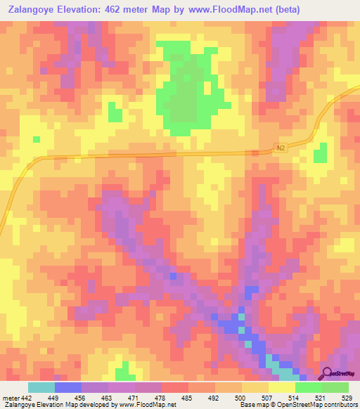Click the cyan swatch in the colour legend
click(x=41, y=387)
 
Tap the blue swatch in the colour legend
click(x=68, y=387)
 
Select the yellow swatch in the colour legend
click(x=281, y=387)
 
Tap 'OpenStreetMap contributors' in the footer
click(x=320, y=405)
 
